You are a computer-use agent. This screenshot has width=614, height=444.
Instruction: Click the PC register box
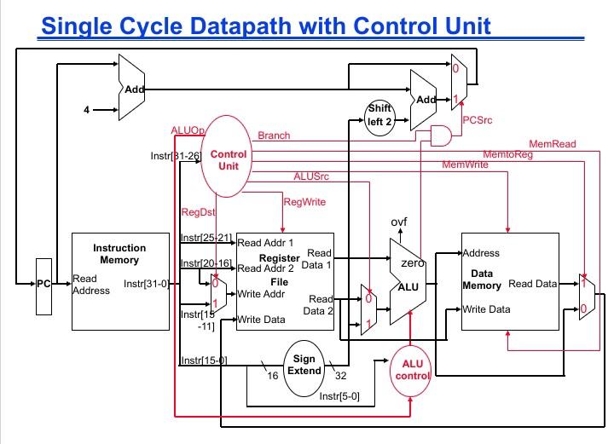coord(43,284)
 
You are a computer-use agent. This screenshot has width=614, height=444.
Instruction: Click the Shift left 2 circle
coord(379,114)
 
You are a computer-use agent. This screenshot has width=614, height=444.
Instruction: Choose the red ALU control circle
coord(413,370)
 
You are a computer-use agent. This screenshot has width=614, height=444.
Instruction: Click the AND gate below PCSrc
coord(441,136)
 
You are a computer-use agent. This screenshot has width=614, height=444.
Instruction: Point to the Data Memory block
coord(510,282)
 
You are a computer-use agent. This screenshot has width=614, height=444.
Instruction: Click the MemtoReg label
coord(507,154)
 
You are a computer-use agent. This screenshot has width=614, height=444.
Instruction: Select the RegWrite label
coord(304,202)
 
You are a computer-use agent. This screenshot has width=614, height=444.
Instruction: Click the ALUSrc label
coord(310,176)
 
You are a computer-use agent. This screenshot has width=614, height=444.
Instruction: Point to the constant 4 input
coord(86,109)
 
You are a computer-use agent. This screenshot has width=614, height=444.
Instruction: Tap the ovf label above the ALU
coord(399,222)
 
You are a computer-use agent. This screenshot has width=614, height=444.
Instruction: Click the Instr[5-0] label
coord(339,396)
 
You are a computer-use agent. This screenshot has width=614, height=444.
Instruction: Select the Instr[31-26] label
coord(175,155)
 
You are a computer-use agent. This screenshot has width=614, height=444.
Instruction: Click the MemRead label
coord(553,144)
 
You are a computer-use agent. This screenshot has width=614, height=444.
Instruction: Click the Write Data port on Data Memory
coord(486,309)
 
